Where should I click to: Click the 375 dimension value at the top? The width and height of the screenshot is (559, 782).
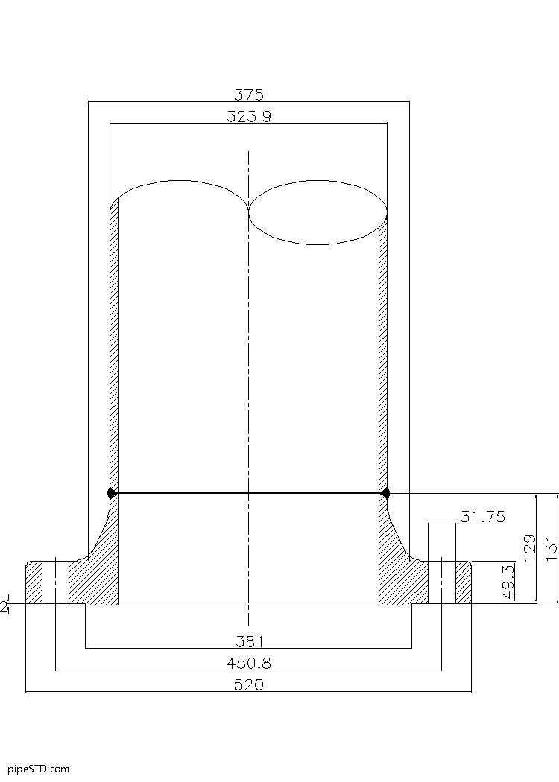(248, 95)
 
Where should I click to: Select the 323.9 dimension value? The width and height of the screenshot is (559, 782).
(248, 116)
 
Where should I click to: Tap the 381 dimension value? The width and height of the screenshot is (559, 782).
(248, 641)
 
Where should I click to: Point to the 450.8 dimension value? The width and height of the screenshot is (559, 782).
(248, 663)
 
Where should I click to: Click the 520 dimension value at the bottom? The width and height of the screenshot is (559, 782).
(248, 684)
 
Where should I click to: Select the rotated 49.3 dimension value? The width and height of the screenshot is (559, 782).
(509, 582)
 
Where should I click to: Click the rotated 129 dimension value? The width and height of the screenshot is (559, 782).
(530, 548)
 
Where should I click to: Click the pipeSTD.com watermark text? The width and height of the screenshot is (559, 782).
(38, 768)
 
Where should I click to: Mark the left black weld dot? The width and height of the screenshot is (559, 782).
(111, 492)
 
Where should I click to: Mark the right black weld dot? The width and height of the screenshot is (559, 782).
(385, 492)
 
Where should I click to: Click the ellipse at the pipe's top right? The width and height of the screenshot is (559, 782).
(318, 212)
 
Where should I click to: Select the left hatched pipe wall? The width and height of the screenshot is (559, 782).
(114, 350)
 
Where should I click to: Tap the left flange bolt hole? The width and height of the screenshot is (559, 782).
(55, 582)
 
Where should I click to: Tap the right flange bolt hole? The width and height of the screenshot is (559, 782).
(441, 582)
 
